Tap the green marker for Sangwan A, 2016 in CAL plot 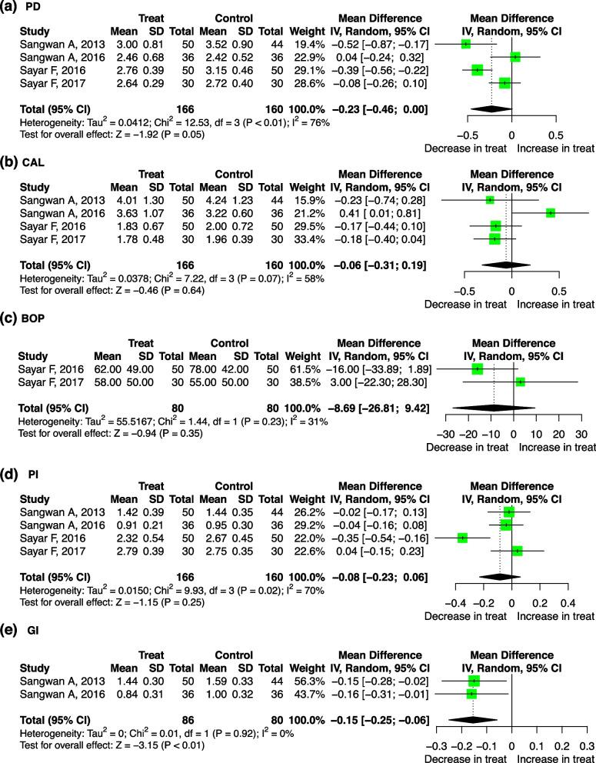(550, 212)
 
